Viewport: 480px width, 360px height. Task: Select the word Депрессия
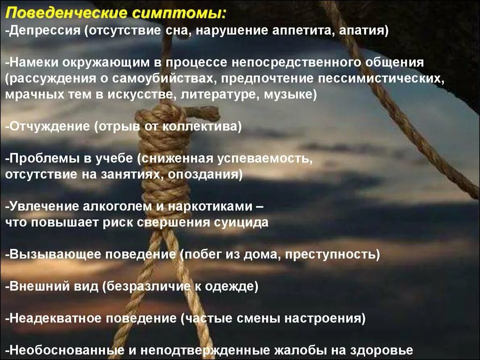43,31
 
